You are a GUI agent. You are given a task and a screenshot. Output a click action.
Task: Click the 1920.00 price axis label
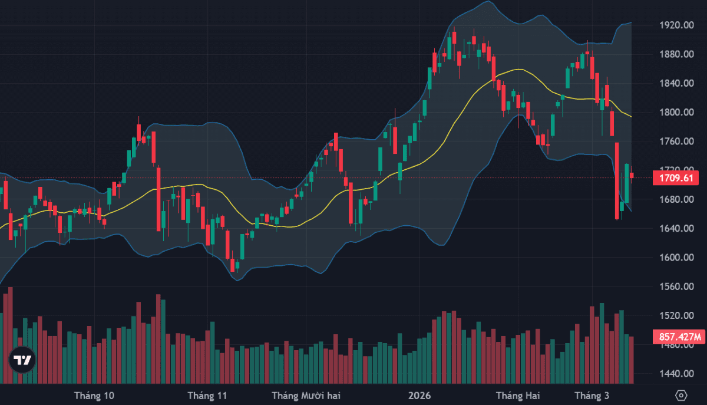click(x=675, y=25)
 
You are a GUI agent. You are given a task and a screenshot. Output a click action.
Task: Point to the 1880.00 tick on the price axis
click(x=675, y=54)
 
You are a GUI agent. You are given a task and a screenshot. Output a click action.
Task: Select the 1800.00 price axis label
click(x=675, y=112)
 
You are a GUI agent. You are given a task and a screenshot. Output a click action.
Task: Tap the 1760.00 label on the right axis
click(x=675, y=141)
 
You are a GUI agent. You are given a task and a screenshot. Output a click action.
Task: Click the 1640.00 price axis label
click(x=675, y=228)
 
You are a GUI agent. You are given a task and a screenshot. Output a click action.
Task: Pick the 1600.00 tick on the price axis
click(x=675, y=258)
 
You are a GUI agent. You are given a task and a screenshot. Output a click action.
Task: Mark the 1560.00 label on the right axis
click(x=675, y=287)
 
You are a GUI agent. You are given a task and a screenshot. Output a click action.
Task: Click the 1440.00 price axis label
click(x=675, y=374)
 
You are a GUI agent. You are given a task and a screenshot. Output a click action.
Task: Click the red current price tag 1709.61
click(x=675, y=177)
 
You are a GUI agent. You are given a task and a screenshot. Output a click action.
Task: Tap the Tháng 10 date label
click(x=94, y=395)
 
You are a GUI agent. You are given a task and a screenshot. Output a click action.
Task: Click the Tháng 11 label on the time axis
click(x=207, y=395)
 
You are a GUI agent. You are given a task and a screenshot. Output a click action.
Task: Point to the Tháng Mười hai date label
click(x=306, y=395)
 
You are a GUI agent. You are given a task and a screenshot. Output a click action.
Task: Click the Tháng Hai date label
click(x=517, y=395)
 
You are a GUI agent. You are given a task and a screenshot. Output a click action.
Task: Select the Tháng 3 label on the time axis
click(x=592, y=395)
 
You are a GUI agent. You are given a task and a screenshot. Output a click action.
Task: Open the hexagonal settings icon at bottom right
click(x=681, y=395)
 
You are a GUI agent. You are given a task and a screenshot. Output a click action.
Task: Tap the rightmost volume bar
click(x=632, y=360)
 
